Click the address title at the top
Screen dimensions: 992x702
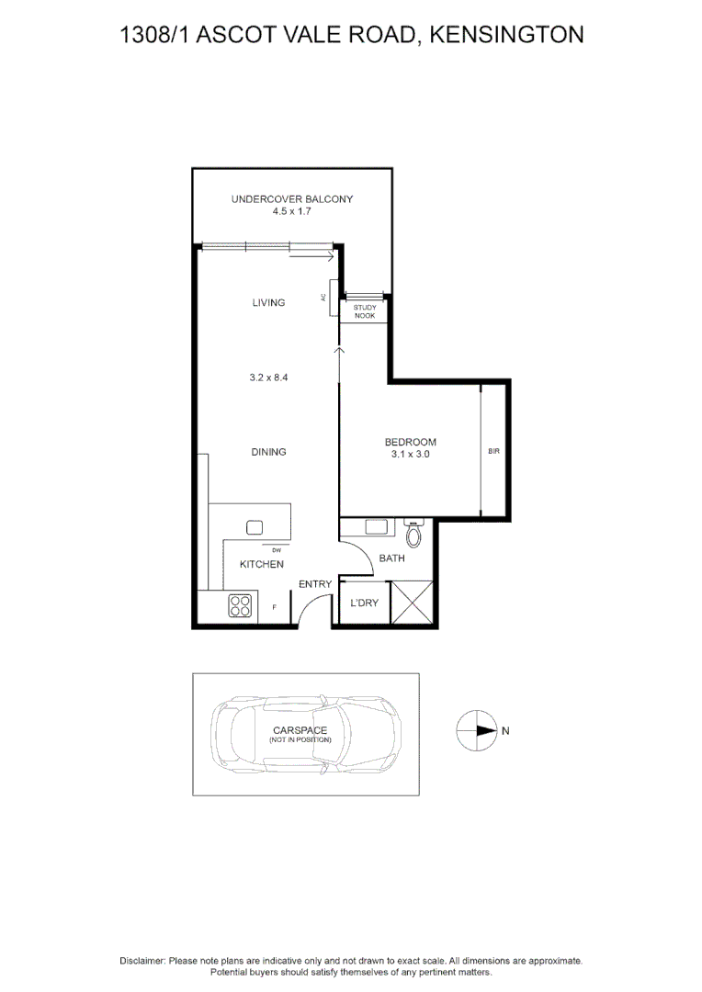click(351, 35)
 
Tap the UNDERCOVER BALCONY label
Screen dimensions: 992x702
click(291, 199)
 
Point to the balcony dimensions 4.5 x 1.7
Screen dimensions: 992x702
click(291, 211)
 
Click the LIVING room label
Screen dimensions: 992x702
click(268, 302)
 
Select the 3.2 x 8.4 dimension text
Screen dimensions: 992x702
click(268, 377)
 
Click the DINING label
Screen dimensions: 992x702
click(268, 452)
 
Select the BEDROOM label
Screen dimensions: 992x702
click(410, 442)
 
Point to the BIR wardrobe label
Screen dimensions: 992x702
click(494, 452)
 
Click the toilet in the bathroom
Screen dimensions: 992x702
click(413, 535)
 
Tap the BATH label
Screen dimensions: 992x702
click(392, 558)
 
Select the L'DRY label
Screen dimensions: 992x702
click(360, 603)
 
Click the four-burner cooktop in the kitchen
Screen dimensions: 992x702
click(240, 606)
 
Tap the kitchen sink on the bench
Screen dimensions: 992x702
click(255, 528)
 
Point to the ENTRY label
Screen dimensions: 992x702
click(315, 584)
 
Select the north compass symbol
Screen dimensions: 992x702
click(475, 731)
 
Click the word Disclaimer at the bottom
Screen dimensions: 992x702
click(142, 960)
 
